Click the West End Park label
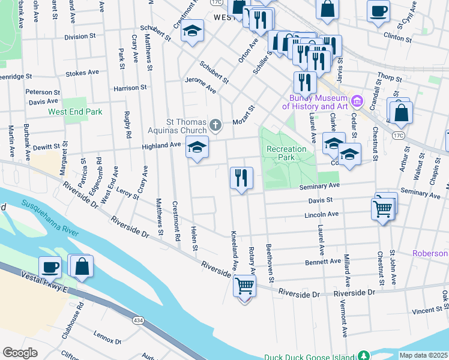[x=75, y=112]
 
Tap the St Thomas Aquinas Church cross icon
[x=216, y=125]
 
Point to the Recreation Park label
[x=286, y=153]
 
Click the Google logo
[x=20, y=353]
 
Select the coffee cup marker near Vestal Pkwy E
[x=50, y=267]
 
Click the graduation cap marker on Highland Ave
[x=197, y=148]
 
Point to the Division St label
[x=76, y=37]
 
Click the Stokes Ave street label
[x=82, y=73]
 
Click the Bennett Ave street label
[x=322, y=262]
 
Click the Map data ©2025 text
[x=423, y=355]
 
